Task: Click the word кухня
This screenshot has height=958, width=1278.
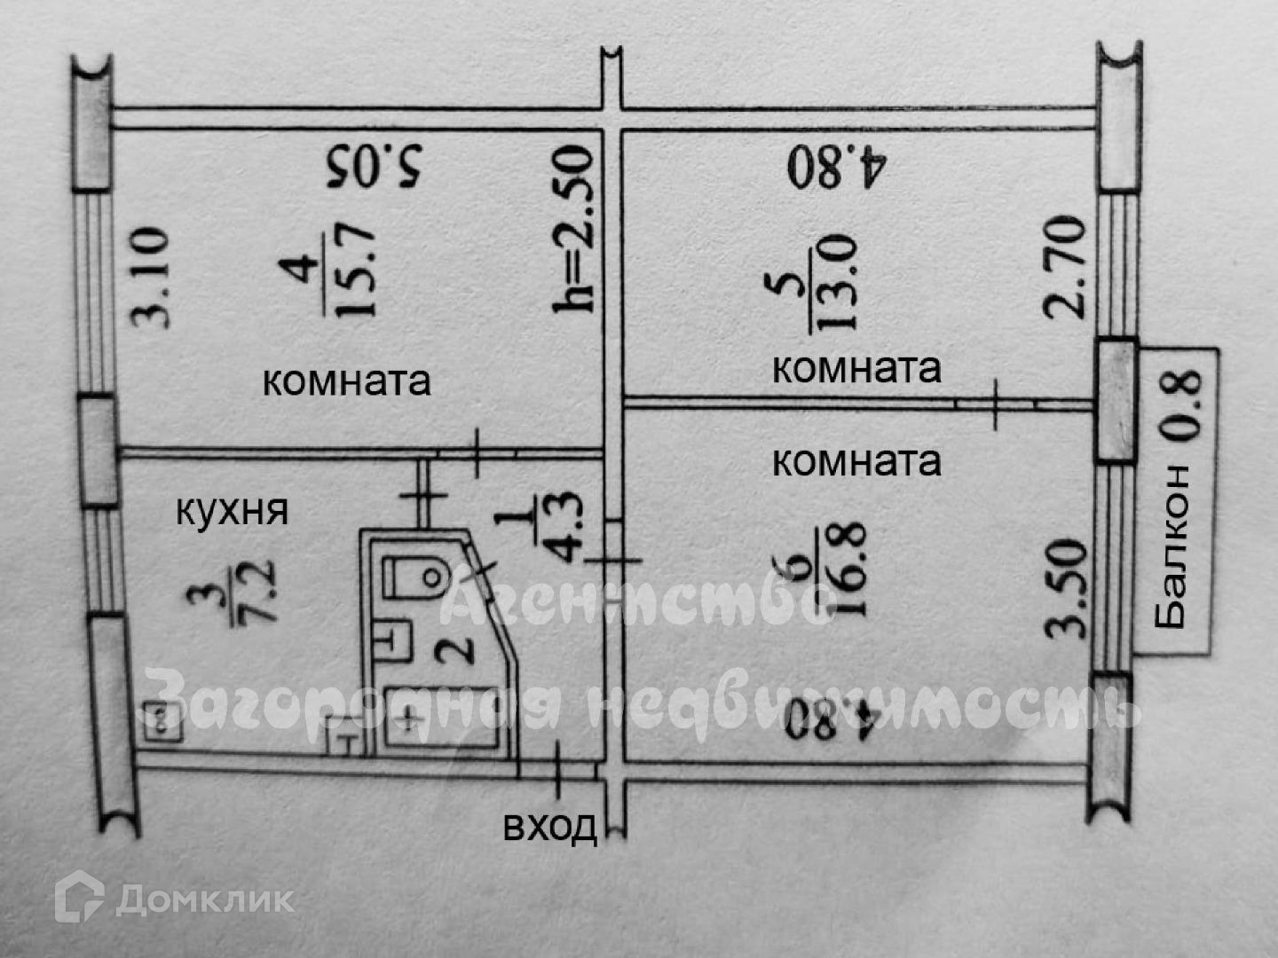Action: click(232, 512)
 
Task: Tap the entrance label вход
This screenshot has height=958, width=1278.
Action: click(549, 827)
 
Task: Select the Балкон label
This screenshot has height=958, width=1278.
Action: click(1172, 547)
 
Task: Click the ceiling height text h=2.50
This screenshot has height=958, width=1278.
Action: click(572, 229)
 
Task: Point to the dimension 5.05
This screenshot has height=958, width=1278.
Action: click(375, 166)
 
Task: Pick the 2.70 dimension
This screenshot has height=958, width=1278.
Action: click(1064, 267)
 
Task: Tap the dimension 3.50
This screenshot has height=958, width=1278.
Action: click(1067, 588)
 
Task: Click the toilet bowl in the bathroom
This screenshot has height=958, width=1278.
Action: click(416, 577)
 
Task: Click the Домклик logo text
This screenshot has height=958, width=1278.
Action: click(205, 900)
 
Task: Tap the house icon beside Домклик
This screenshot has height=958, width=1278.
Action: click(78, 897)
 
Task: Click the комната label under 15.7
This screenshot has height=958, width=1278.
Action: click(346, 381)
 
